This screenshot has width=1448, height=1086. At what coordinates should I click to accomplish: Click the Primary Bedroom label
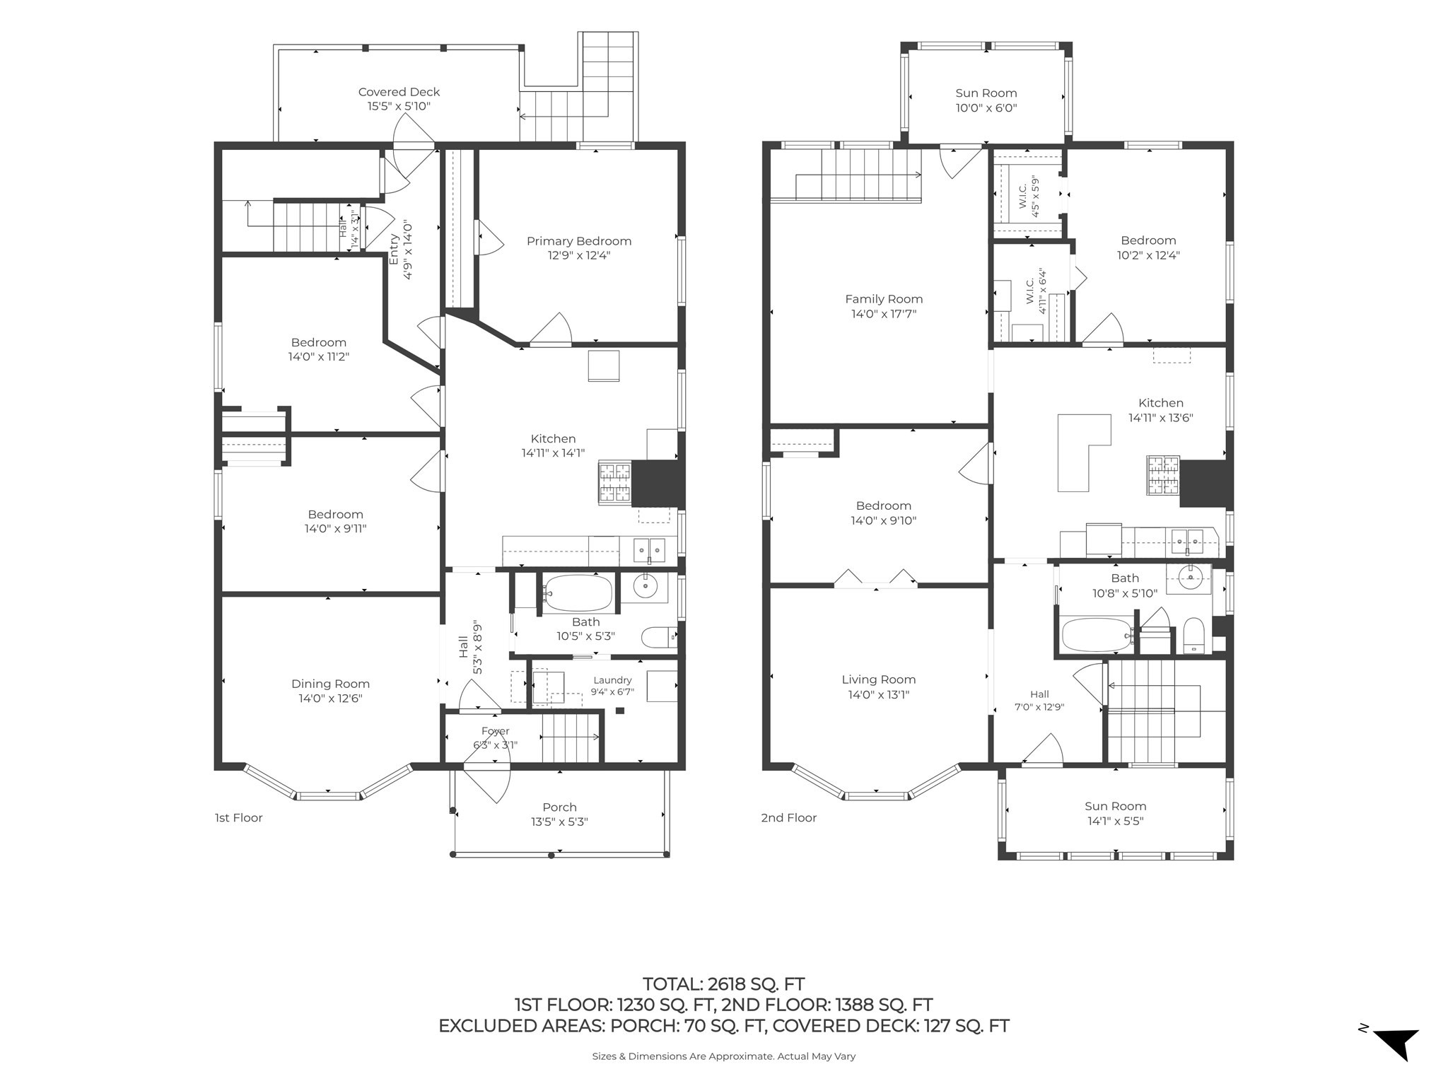pos(578,241)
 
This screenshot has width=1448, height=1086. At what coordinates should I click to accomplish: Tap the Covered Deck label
pos(399,92)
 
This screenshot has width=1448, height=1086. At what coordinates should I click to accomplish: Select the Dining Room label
pos(330,684)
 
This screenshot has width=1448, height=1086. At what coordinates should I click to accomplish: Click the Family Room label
pos(884,299)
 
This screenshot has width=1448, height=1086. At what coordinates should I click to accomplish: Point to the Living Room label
pos(878,679)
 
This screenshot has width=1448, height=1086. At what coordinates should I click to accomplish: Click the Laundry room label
pos(612,680)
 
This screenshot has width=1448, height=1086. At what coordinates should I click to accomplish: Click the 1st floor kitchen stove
pos(614,482)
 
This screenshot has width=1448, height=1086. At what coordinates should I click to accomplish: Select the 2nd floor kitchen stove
pos(1162,474)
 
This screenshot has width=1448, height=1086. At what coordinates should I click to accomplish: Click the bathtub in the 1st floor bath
pos(578,593)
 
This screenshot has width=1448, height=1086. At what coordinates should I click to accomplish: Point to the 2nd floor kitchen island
pos(1082,452)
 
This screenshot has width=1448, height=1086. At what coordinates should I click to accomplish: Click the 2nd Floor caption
pos(788,817)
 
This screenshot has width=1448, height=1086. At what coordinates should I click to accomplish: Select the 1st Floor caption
pos(238,817)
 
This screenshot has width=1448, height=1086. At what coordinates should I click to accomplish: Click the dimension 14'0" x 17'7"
pos(884,314)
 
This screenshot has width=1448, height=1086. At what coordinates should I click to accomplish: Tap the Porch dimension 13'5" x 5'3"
pos(559,822)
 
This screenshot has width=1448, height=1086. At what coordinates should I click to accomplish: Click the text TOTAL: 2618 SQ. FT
pos(723,983)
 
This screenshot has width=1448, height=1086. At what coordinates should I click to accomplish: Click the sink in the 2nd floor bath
pos(1191,578)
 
